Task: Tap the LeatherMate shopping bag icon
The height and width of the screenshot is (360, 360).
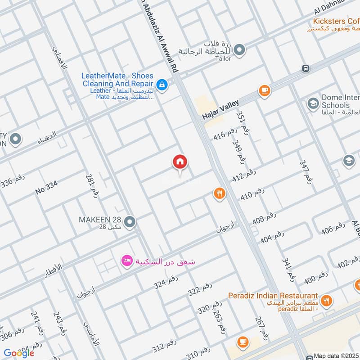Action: pos(162,84)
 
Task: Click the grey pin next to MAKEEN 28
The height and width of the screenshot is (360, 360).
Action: pos(130,222)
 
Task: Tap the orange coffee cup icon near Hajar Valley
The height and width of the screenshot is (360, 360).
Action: pos(264,91)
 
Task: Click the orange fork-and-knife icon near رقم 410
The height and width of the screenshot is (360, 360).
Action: pos(219,193)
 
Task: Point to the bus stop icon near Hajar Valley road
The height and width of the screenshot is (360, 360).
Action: pos(306,68)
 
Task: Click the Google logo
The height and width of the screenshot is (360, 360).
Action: pos(19,353)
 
